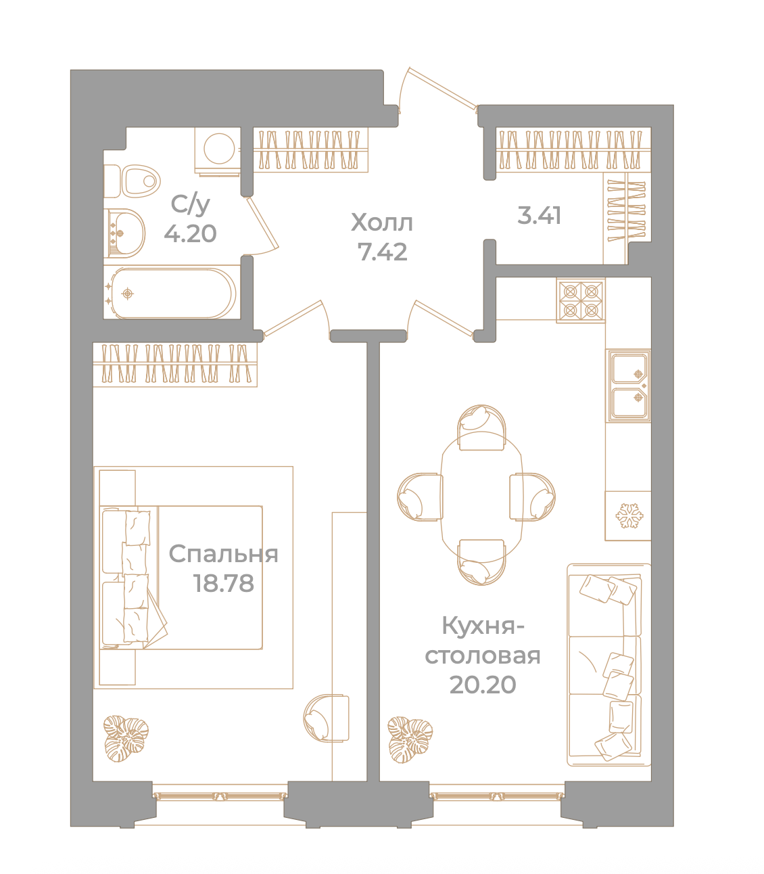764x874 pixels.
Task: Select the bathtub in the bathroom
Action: click(x=171, y=293)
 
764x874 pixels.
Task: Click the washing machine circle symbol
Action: click(x=219, y=149)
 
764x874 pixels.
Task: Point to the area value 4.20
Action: click(x=191, y=233)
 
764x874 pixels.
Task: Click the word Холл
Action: click(x=382, y=223)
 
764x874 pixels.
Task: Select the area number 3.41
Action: click(x=539, y=215)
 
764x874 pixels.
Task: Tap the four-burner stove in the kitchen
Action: click(x=581, y=300)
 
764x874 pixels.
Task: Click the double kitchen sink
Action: click(x=628, y=386)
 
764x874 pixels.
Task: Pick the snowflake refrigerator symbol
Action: click(x=629, y=515)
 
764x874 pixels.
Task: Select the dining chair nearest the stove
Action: click(x=482, y=427)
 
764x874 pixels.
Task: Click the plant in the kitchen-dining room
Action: click(x=410, y=739)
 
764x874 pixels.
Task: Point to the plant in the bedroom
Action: click(x=126, y=739)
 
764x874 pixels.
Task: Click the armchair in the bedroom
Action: click(x=326, y=718)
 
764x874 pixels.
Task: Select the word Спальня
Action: click(x=224, y=554)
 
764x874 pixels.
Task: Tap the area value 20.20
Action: click(x=483, y=685)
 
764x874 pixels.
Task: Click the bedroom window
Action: click(x=220, y=796)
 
